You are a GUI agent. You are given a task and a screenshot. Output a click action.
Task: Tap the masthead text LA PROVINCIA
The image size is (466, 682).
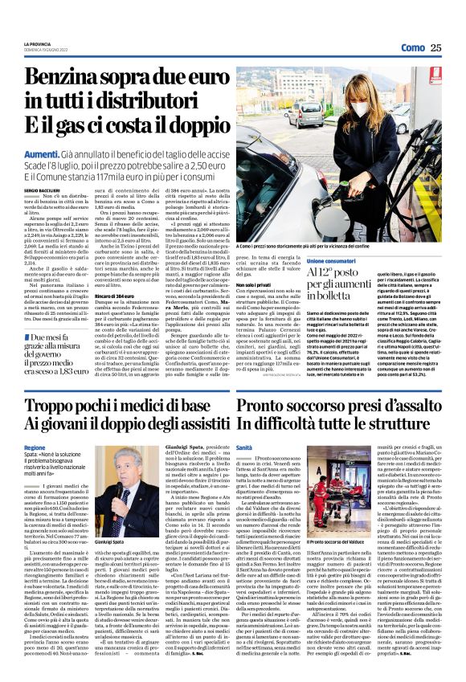click(x=39, y=43)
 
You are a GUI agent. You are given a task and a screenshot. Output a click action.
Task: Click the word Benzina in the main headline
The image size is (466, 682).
click(x=75, y=79)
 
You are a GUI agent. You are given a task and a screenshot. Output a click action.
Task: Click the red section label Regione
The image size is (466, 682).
click(x=35, y=448)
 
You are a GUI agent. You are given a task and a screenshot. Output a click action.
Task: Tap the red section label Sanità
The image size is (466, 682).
click(x=245, y=448)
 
